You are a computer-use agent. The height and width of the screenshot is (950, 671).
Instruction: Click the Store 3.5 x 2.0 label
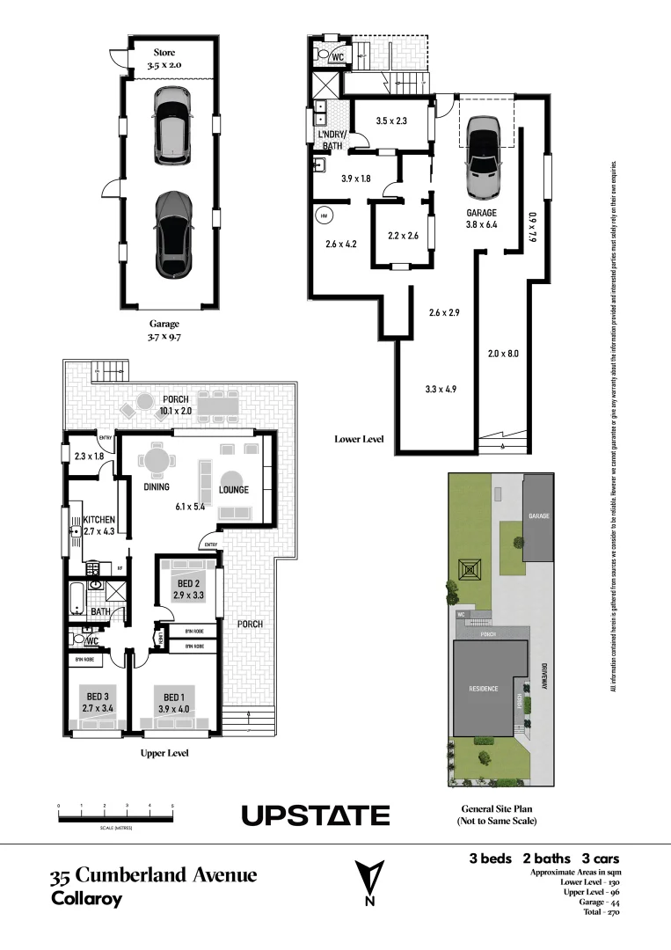[x=164, y=59]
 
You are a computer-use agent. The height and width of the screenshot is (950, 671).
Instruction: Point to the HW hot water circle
[x=323, y=215]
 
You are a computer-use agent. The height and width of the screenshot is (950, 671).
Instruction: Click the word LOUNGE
[x=234, y=490]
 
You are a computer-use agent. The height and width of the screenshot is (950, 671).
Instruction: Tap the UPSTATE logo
[x=316, y=816]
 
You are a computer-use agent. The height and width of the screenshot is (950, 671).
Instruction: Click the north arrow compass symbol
[x=369, y=881]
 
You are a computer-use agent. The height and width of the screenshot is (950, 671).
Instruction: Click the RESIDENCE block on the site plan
[x=484, y=688]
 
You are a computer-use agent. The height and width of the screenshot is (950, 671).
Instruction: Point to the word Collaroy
[x=86, y=899]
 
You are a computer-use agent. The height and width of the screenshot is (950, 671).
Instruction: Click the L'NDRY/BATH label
[x=332, y=139]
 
